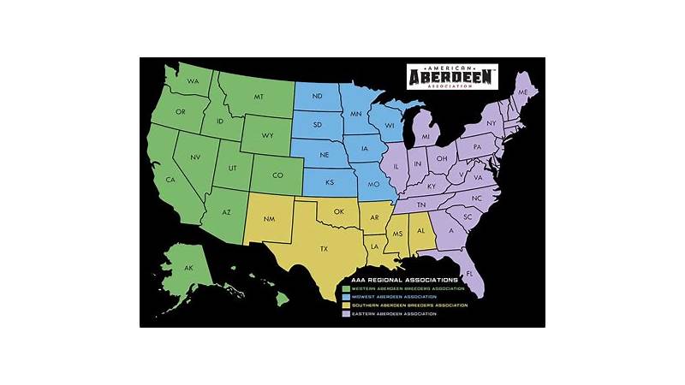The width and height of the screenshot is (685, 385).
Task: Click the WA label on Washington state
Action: tap(194, 81)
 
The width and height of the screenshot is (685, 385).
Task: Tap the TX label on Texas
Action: tap(324, 248)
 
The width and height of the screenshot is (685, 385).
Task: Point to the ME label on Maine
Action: tap(522, 91)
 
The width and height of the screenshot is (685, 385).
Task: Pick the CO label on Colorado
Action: tap(277, 176)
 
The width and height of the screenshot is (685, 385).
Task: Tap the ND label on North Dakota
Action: tap(317, 96)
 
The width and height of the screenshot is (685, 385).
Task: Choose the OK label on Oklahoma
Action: tap(339, 211)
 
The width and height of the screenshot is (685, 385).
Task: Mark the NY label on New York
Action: tap(491, 124)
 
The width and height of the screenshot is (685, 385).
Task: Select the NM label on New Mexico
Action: tap(269, 219)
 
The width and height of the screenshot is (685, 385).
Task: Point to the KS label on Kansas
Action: tap(330, 182)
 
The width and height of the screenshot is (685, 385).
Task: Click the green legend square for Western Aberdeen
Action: tap(346, 289)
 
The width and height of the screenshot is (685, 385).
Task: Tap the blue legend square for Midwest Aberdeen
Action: tap(346, 298)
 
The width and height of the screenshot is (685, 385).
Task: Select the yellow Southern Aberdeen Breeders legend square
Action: tap(346, 306)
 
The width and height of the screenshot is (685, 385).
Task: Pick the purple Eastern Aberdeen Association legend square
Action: tap(346, 315)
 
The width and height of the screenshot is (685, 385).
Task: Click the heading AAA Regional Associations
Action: tap(404, 280)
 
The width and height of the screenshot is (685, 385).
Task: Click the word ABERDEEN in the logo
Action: tap(453, 77)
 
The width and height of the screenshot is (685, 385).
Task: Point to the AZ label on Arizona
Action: tap(226, 212)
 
